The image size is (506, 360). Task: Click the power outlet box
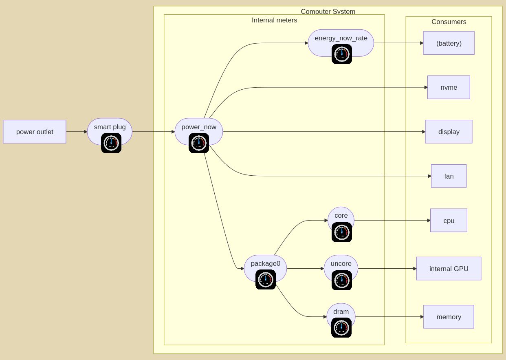pos(35,132)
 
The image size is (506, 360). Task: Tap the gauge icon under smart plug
pos(111,143)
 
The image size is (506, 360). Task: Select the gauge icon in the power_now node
pos(199,143)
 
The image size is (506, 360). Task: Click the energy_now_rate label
pos(341,38)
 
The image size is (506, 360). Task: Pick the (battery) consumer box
pos(449,43)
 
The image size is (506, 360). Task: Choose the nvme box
pos(449,87)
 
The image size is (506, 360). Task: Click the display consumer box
pos(449,132)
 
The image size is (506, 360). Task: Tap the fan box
pos(449,176)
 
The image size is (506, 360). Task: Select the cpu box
pos(449,221)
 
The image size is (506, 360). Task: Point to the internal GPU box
pos(449,269)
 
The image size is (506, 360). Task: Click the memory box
pos(449,317)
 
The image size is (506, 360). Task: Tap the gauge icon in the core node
pos(342,232)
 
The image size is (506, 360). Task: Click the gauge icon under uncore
pos(342,280)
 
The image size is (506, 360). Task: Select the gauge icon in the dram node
pos(341,327)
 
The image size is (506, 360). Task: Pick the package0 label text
pos(266,263)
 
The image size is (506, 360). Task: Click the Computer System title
pos(328,11)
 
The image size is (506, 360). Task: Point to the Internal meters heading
pos(274,20)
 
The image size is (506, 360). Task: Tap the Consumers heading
pos(449,22)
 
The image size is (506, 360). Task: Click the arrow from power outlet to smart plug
pos(77,132)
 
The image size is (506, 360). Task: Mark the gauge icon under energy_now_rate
pos(342,54)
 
